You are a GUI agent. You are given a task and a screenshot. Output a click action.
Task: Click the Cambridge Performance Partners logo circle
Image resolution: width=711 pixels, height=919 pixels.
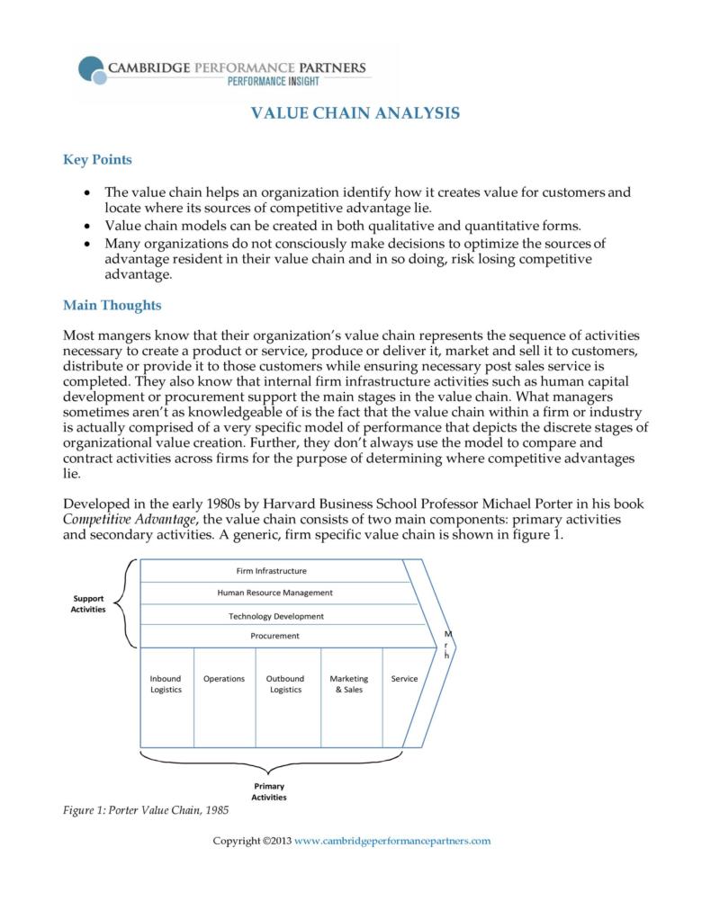point(91,69)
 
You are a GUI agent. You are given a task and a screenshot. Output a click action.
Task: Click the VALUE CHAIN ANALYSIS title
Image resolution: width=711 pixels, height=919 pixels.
point(355,113)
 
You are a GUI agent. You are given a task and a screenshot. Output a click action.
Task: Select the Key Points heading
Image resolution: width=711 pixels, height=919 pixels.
point(97,160)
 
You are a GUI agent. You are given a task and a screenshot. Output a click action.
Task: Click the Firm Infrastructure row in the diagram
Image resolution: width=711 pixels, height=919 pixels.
point(271,571)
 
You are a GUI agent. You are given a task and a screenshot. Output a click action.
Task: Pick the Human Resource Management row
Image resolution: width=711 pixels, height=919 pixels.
point(274,593)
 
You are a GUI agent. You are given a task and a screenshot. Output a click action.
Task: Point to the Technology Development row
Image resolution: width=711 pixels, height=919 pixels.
point(275,616)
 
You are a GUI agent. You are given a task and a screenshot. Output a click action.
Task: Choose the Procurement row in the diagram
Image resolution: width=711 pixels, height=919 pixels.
point(274,636)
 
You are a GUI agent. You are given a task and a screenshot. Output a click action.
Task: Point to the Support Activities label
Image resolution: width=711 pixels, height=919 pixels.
point(88,603)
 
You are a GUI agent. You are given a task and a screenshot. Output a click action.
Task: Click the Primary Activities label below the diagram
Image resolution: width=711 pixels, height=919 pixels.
point(268,791)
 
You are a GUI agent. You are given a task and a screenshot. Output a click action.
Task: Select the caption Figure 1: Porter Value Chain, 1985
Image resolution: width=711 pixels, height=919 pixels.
point(146,810)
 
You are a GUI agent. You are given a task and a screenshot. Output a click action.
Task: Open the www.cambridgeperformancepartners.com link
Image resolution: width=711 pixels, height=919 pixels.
point(392,841)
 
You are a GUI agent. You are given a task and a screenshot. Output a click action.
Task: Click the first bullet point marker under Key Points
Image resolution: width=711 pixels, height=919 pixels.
point(85,192)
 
